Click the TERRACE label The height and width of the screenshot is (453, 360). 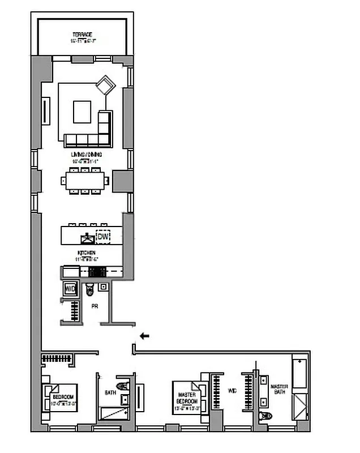click(x=82, y=35)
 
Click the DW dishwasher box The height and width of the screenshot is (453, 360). click(x=103, y=236)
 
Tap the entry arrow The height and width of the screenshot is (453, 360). click(x=144, y=336)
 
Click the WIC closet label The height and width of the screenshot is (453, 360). click(x=233, y=390)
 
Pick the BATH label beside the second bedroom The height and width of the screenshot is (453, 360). click(x=110, y=392)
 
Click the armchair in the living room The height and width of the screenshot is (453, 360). click(x=105, y=87)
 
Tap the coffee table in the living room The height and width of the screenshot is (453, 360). click(x=83, y=112)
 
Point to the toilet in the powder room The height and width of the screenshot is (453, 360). click(x=90, y=290)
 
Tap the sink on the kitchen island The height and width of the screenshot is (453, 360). click(x=87, y=237)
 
